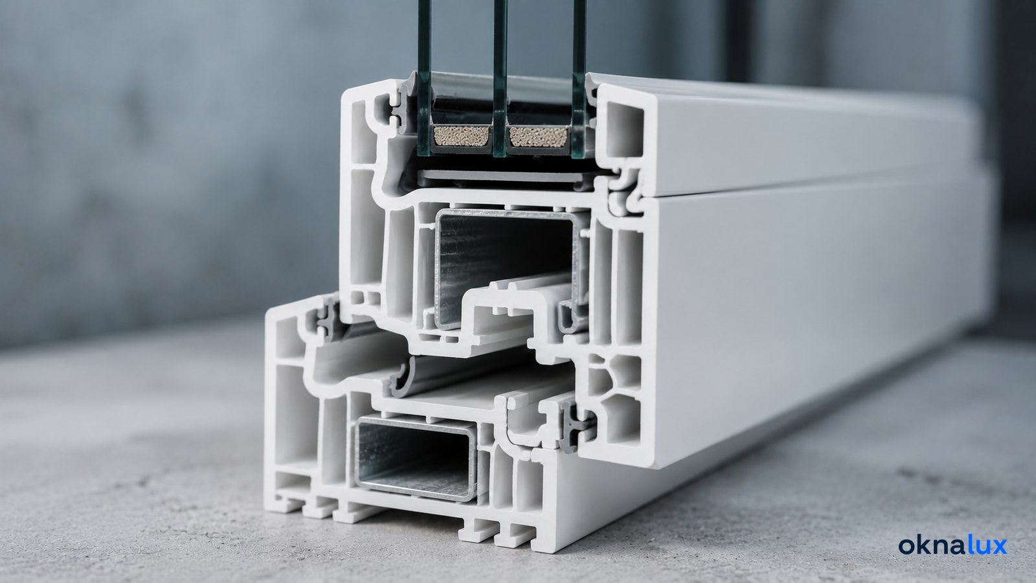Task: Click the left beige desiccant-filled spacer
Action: (462, 137)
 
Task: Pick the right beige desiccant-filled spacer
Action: (538, 137)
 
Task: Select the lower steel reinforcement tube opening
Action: (414, 457)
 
